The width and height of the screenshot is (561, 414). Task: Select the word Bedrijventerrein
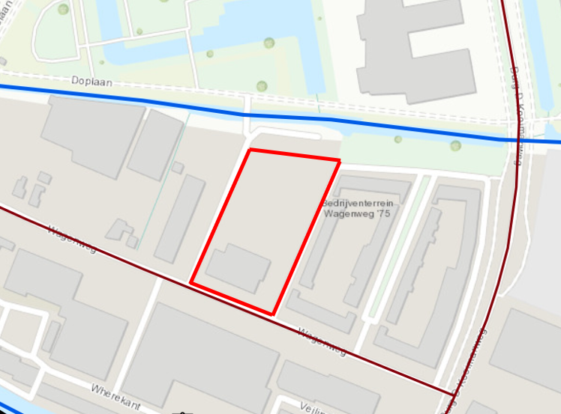point(357,203)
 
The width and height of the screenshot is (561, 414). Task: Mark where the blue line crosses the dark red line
point(519,140)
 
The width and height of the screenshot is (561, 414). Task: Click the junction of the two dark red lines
point(453,392)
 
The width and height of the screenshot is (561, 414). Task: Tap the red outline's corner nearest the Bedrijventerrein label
point(339,160)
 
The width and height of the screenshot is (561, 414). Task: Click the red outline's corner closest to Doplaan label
point(249,150)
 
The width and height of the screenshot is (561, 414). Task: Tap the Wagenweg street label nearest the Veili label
point(322,341)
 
